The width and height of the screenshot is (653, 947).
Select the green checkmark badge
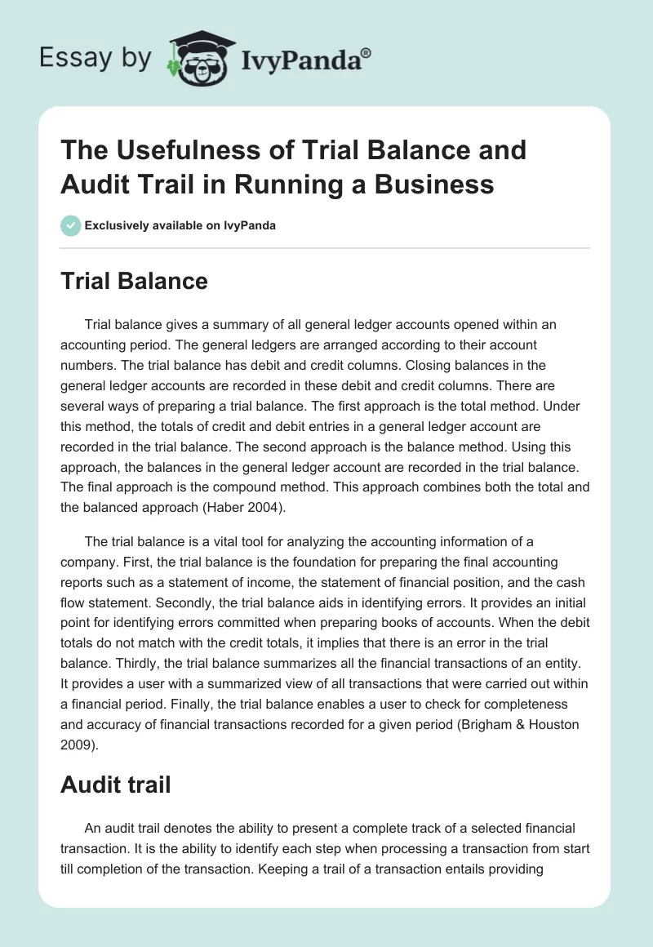(71, 225)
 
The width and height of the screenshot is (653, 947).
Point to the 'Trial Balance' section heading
(134, 282)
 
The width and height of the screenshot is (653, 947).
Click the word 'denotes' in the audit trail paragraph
(181, 828)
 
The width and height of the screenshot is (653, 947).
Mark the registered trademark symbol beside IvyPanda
(366, 53)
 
